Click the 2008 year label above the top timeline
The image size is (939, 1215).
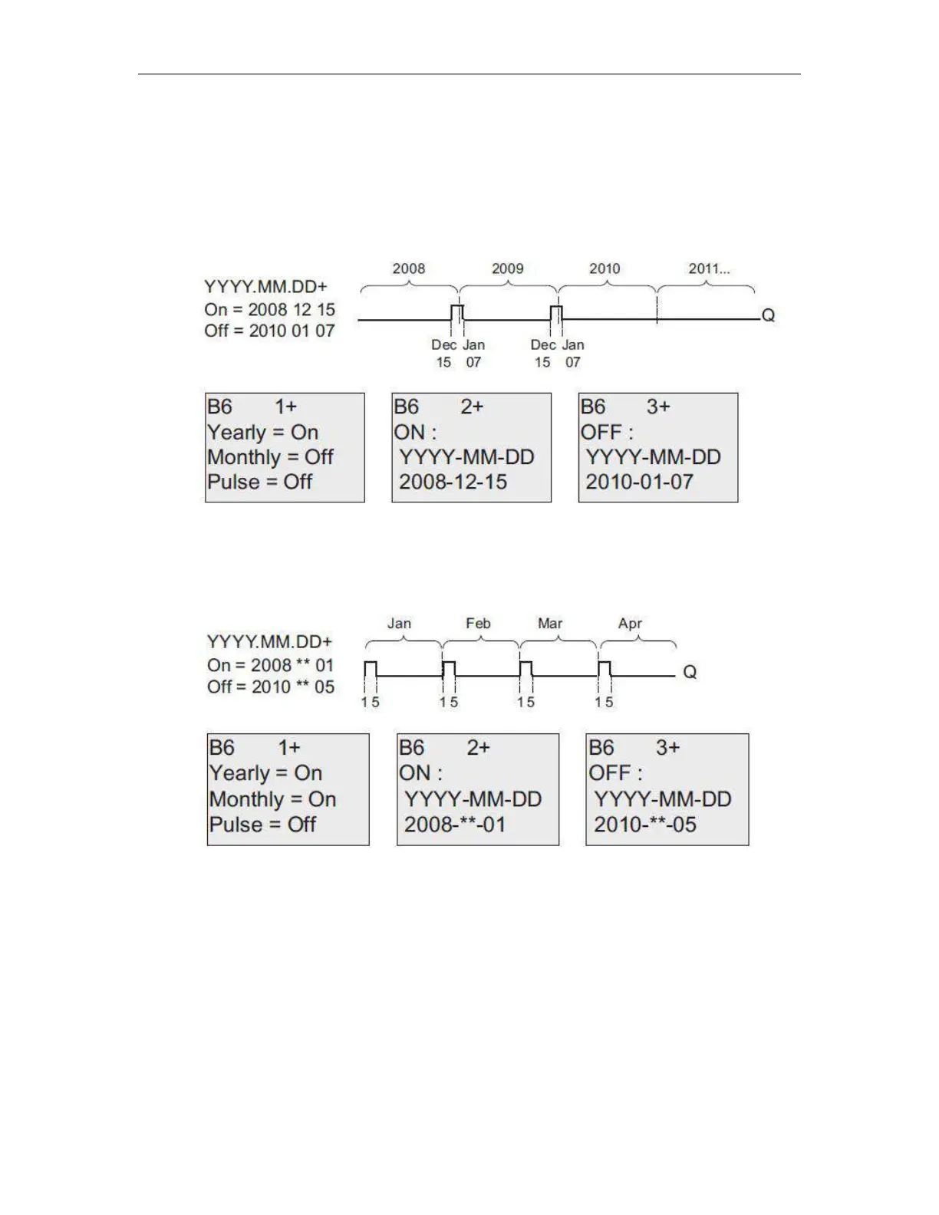pyautogui.click(x=408, y=268)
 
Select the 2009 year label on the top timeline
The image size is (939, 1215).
pyautogui.click(x=507, y=268)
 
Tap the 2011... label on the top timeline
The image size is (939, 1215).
pyautogui.click(x=709, y=268)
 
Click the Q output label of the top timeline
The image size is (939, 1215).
pyautogui.click(x=768, y=315)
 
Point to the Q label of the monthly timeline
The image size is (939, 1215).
pyautogui.click(x=690, y=672)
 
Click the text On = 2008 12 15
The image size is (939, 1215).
pyautogui.click(x=269, y=309)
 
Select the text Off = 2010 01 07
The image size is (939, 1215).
pyautogui.click(x=269, y=331)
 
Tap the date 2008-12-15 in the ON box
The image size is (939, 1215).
pyautogui.click(x=453, y=482)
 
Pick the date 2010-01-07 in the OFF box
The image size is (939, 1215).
pyautogui.click(x=639, y=482)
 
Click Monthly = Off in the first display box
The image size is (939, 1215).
pyautogui.click(x=270, y=457)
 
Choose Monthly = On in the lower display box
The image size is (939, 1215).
pyautogui.click(x=272, y=799)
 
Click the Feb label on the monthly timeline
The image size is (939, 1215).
pyautogui.click(x=478, y=624)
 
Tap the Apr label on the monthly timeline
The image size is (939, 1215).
pyautogui.click(x=630, y=624)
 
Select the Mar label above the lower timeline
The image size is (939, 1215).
pyautogui.click(x=550, y=624)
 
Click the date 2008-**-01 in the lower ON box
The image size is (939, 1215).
pyautogui.click(x=455, y=825)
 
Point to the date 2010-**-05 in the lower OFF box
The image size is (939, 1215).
pyautogui.click(x=644, y=825)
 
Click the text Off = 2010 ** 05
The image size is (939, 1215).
pyautogui.click(x=271, y=687)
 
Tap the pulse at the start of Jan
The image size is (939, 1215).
pyautogui.click(x=371, y=669)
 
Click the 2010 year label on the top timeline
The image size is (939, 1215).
pyautogui.click(x=605, y=268)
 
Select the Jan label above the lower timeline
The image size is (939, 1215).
pyautogui.click(x=399, y=624)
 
